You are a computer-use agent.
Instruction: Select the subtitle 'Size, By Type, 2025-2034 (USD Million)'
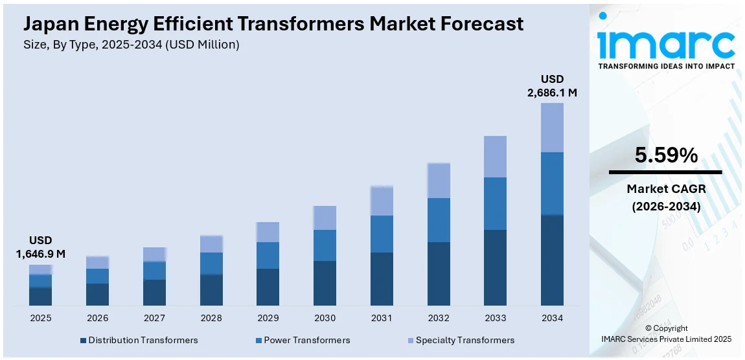tap(132, 45)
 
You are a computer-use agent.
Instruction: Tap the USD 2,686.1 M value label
tap(552, 85)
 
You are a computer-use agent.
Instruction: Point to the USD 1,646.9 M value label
tap(40, 247)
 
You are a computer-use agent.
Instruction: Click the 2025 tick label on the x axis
tap(40, 318)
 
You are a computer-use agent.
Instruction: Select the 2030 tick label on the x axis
tap(325, 318)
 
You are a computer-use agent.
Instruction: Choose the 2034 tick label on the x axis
tap(552, 318)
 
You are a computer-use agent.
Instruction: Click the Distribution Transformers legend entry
tap(139, 340)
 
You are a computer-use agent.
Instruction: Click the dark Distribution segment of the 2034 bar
tap(552, 260)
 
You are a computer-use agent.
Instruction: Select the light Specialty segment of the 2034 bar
tap(552, 128)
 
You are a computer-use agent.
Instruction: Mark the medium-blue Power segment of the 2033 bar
tap(495, 203)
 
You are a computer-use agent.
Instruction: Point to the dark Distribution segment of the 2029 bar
tap(268, 287)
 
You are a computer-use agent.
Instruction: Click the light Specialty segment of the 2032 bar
tap(439, 181)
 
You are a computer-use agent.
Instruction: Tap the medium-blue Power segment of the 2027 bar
tap(154, 271)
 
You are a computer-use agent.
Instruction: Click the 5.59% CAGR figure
tap(665, 155)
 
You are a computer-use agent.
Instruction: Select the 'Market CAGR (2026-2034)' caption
tap(665, 197)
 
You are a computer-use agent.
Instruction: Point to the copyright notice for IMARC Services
tap(667, 333)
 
